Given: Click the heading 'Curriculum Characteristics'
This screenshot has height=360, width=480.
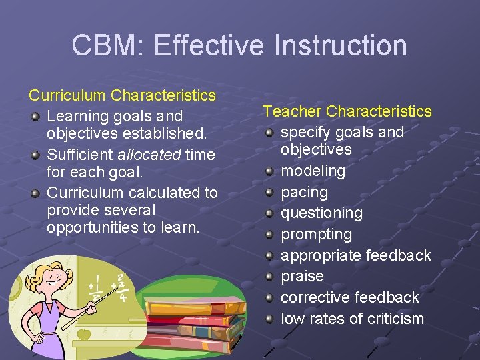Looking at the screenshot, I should (122, 95).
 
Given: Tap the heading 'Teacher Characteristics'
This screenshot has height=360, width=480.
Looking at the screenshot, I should (347, 111).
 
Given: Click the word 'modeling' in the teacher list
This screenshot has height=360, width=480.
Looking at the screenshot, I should (313, 171).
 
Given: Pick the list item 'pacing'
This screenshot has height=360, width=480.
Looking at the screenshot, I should (304, 192).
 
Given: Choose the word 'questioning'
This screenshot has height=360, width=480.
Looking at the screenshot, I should (321, 213).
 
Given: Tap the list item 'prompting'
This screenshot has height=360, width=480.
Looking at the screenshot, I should (316, 235).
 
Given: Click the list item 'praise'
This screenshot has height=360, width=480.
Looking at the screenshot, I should (302, 276).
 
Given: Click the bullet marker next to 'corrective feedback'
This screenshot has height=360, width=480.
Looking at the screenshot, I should (269, 298).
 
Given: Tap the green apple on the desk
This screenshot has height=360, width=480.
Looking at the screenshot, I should (84, 333).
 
